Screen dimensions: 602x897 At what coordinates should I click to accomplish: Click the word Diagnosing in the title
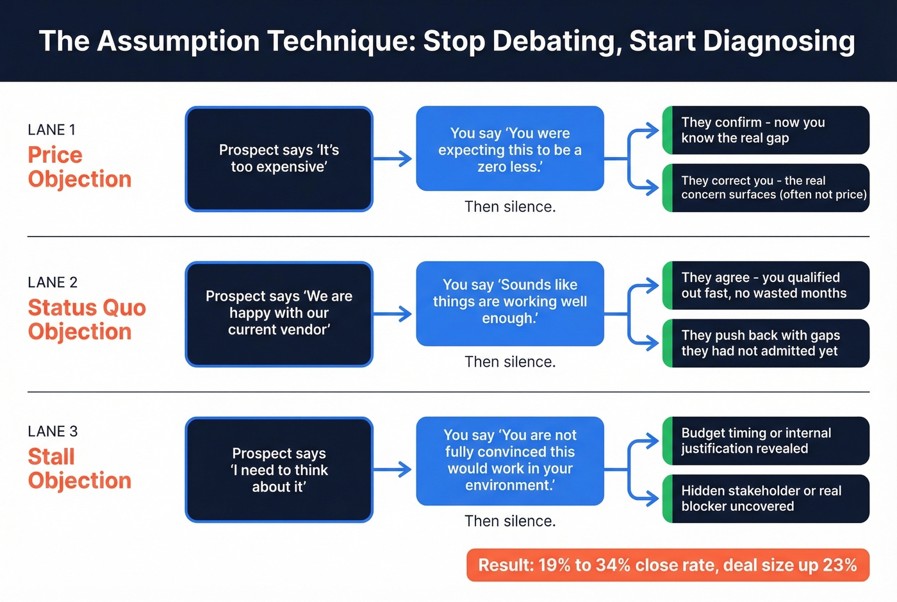pos(778,41)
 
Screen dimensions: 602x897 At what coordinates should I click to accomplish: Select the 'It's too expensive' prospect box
pos(279,159)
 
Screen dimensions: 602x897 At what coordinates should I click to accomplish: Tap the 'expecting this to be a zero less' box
pos(510,149)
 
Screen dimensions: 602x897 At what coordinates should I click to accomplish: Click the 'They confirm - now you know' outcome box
pos(766,130)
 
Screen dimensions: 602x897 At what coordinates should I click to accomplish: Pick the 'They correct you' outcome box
pos(766,188)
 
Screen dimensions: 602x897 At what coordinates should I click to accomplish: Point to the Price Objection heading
pos(79,167)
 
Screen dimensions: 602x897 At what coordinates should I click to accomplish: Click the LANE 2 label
pos(53,282)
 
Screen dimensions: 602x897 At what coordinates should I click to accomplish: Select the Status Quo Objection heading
pos(86,319)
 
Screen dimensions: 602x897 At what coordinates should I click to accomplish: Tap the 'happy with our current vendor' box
pos(279,314)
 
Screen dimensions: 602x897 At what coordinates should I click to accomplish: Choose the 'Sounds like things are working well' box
pos(510,303)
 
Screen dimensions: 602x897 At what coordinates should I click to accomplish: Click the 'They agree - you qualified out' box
pos(766,285)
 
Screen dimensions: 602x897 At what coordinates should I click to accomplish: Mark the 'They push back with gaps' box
pos(766,343)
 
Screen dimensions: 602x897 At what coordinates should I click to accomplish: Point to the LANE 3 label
pos(53,431)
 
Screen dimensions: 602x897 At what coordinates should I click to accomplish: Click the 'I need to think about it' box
pos(279,470)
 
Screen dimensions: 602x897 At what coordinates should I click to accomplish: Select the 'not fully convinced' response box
pos(510,461)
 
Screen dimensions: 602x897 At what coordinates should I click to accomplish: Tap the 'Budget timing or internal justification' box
pos(766,441)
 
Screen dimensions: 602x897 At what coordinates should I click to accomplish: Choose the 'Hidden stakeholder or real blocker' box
pos(766,499)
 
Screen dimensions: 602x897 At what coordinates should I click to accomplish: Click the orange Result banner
pos(668,565)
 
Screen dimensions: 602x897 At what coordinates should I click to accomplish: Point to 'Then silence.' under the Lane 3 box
pos(510,521)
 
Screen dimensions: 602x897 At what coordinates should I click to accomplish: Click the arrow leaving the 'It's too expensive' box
pos(392,159)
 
